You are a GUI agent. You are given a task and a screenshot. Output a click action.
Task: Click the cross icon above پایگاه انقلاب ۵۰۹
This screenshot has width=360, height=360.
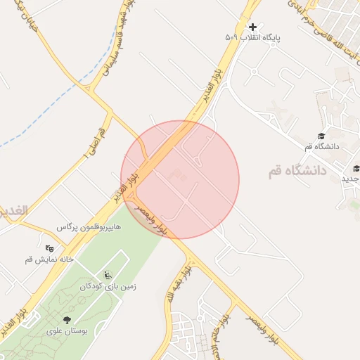253,27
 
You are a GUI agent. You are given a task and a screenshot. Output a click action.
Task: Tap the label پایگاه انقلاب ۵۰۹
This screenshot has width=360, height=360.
252,37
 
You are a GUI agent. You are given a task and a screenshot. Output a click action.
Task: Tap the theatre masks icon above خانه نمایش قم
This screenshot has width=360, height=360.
49,248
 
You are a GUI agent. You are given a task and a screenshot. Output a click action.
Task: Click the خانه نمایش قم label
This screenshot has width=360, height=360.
49,259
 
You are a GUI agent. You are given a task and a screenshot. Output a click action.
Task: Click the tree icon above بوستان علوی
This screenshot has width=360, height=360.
67,320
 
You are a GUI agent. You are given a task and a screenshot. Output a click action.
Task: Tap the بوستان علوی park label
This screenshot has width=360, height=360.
67,330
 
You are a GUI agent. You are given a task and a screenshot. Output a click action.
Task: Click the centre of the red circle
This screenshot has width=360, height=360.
180,180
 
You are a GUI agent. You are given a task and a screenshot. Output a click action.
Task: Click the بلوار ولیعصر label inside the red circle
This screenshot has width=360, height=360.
153,219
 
